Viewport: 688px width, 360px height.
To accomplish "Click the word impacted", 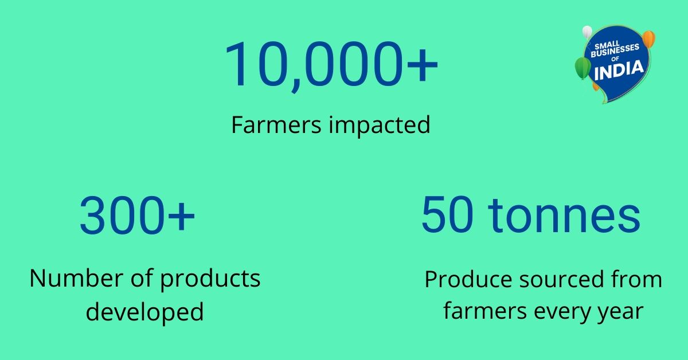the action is (x=380, y=126).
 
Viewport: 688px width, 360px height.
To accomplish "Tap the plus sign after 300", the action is (x=181, y=216).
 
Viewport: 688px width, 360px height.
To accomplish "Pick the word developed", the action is (x=144, y=312).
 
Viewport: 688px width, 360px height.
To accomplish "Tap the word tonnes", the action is (x=564, y=216).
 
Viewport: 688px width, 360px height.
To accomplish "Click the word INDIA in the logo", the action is (x=619, y=71).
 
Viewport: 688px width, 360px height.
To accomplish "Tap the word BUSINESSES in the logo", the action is (x=615, y=50).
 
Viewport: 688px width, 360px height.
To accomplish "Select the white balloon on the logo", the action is (x=587, y=32).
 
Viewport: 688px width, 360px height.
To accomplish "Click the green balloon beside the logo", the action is (x=583, y=68).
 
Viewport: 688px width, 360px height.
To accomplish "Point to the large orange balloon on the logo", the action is (x=648, y=39).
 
